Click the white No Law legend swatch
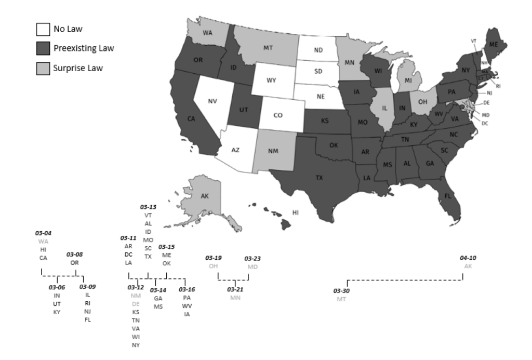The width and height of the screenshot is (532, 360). (43, 29)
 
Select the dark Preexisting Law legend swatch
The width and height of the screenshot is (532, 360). (43, 49)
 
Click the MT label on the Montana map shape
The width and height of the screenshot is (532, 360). (268, 48)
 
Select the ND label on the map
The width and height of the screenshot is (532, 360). (318, 51)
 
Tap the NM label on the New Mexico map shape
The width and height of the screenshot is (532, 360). (272, 151)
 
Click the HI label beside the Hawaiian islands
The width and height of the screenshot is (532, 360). (296, 212)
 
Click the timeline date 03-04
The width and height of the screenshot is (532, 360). (43, 233)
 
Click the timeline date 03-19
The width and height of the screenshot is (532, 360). (213, 258)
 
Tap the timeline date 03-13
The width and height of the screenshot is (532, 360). (148, 206)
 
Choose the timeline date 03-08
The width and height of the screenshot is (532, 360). (74, 255)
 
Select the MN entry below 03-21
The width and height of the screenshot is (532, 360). (236, 298)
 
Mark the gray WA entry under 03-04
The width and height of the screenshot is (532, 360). (43, 242)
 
